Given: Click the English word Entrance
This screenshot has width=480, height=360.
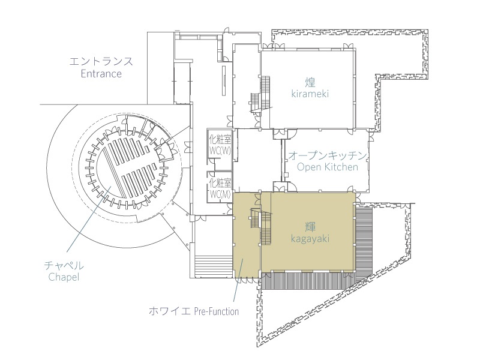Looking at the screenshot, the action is [101, 74].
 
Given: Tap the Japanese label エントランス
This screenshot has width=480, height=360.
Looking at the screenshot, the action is [101, 61].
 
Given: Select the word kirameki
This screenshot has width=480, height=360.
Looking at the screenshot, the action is [310, 94].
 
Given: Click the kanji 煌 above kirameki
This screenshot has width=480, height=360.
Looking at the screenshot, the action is [310, 82].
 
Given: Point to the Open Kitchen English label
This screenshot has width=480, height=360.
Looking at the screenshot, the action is [327, 167].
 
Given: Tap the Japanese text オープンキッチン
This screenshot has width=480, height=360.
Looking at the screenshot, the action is [327, 155].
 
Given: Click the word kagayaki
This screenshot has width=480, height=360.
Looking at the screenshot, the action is [310, 238].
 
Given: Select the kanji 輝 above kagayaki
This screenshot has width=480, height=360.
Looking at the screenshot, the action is [310, 227].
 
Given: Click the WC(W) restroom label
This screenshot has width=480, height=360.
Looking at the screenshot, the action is [220, 151].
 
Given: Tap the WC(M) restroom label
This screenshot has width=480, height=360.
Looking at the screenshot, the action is [220, 194].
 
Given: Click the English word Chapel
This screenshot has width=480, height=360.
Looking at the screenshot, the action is [64, 277].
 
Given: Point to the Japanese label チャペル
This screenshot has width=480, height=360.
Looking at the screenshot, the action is [64, 265].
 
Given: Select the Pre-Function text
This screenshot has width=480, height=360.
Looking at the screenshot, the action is [217, 311].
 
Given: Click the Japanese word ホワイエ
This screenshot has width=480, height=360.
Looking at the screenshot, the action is [169, 311].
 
